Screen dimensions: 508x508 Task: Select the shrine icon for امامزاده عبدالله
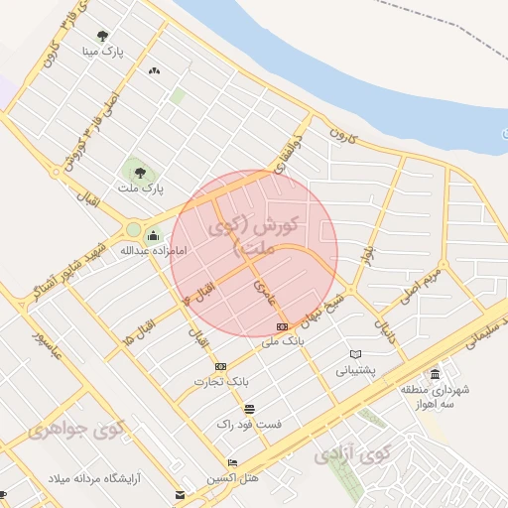[x=153, y=235]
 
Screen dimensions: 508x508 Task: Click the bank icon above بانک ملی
[x=282, y=326]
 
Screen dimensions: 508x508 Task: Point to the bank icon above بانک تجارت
[x=219, y=366]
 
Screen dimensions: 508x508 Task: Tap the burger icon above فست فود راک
[x=248, y=409]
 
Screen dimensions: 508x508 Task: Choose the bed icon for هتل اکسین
[x=232, y=463]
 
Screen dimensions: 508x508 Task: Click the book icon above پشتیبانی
[x=355, y=354]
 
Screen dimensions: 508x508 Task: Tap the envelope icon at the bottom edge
[x=179, y=494]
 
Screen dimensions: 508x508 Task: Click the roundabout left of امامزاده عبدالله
[x=133, y=230]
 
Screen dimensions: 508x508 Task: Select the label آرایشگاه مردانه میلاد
[x=94, y=479]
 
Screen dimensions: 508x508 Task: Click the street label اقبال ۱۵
[x=138, y=324]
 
